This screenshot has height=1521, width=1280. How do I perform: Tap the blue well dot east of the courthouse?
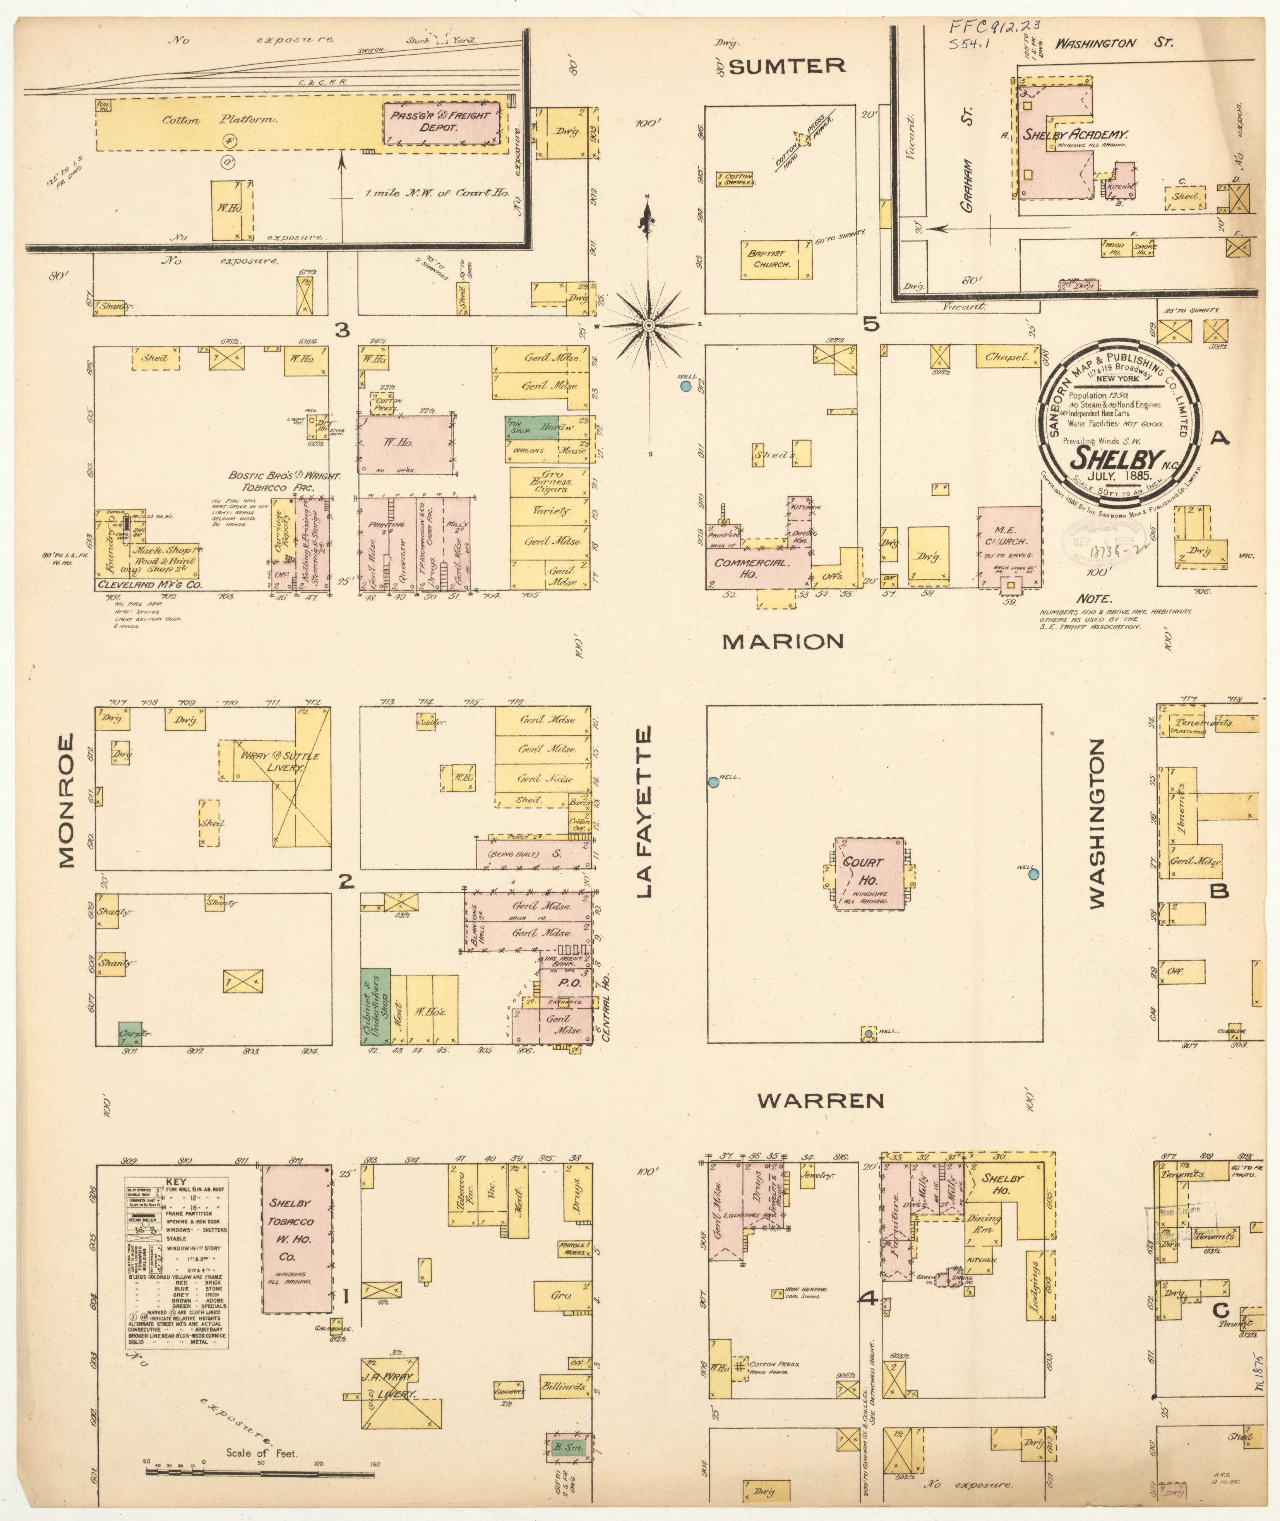pyautogui.click(x=1033, y=874)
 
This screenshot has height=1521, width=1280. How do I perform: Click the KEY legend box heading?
pyautogui.click(x=176, y=1181)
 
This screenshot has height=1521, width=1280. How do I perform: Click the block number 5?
pyautogui.click(x=871, y=324)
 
